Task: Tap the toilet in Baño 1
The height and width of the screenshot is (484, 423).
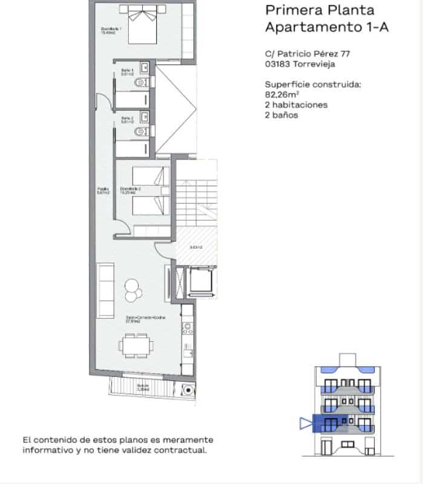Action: pyautogui.click(x=141, y=82)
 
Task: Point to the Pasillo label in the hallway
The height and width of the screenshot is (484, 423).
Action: pyautogui.click(x=103, y=191)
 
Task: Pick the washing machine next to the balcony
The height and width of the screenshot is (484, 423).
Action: pyautogui.click(x=189, y=390)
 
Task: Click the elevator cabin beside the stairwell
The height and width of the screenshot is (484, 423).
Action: pyautogui.click(x=200, y=281)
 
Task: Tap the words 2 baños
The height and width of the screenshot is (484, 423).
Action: pyautogui.click(x=281, y=114)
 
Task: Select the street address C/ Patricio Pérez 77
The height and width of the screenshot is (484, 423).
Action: pyautogui.click(x=307, y=53)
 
